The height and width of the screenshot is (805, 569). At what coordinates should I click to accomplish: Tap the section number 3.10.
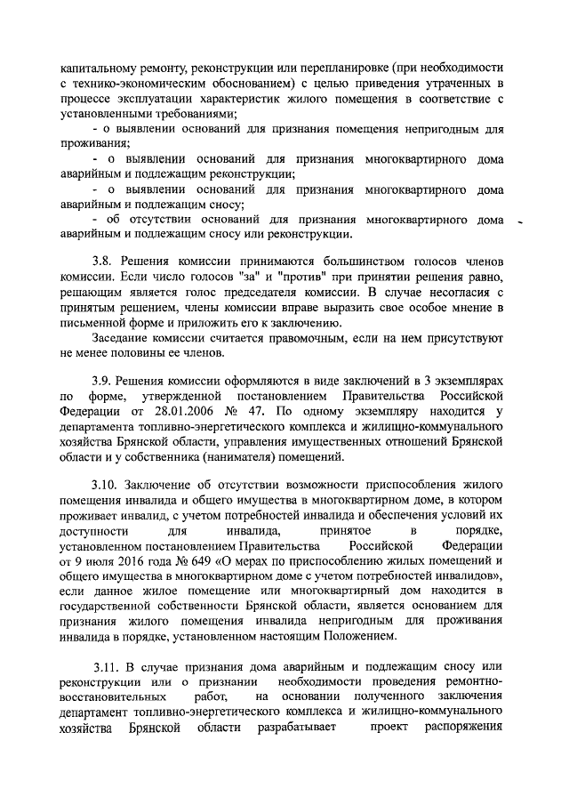coord(107,486)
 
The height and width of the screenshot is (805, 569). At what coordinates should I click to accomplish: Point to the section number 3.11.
coord(107,666)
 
